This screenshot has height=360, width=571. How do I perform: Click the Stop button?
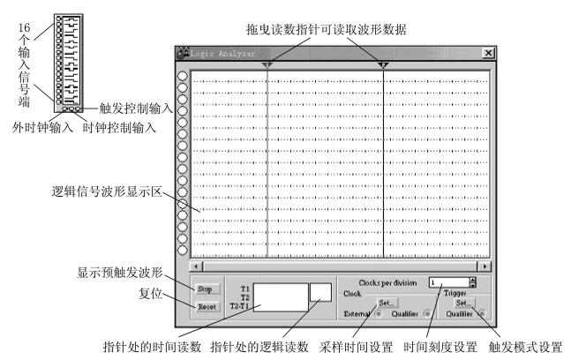pos(205,289)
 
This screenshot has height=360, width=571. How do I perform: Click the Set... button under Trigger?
pos(464,302)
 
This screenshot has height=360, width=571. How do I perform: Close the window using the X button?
pos(488,54)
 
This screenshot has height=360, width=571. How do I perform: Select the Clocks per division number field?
pos(446,282)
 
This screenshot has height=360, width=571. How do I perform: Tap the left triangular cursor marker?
pos(268,65)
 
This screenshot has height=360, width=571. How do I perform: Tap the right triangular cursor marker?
pos(383,65)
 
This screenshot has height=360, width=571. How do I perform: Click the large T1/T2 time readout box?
pos(279,296)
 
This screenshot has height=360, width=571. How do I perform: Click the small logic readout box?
pos(320,290)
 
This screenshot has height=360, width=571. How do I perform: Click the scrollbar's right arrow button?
pos(485,264)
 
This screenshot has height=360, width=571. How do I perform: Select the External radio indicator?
pos(378,312)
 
